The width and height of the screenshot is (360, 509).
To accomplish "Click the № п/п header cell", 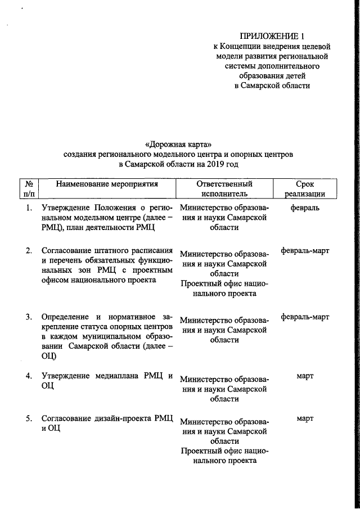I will [x=29, y=188].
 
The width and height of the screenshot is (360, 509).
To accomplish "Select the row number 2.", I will [x=29, y=250].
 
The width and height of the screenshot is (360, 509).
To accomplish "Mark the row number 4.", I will [x=29, y=376].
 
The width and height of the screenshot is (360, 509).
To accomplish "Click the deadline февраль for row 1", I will [x=305, y=208].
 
